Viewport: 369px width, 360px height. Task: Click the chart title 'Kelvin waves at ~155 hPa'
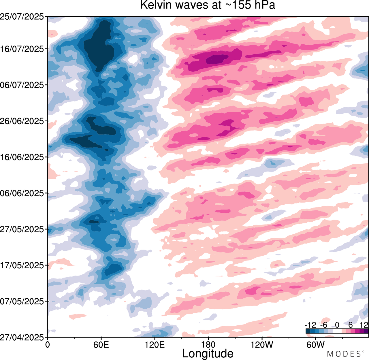point(208,5)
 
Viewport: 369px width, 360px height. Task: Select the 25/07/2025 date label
point(22,17)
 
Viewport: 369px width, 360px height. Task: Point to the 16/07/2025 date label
point(22,49)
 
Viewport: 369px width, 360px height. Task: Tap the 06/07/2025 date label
point(22,85)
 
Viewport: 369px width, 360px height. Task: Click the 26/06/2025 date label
point(22,121)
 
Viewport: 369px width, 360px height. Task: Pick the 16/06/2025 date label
point(22,157)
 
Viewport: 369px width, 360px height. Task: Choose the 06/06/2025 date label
point(22,193)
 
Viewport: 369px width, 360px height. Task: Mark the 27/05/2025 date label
point(22,229)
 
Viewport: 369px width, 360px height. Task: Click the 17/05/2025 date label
point(22,265)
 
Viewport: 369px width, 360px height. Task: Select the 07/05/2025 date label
point(22,301)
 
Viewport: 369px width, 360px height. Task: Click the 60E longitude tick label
point(101,344)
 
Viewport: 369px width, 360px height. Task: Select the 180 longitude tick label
point(208,344)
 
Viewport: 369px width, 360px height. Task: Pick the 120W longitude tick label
point(262,344)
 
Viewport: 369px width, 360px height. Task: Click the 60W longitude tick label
point(315,344)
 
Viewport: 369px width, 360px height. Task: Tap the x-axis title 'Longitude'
point(208,353)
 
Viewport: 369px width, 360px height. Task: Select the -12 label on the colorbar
point(310,325)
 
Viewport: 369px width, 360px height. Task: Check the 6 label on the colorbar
point(351,325)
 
